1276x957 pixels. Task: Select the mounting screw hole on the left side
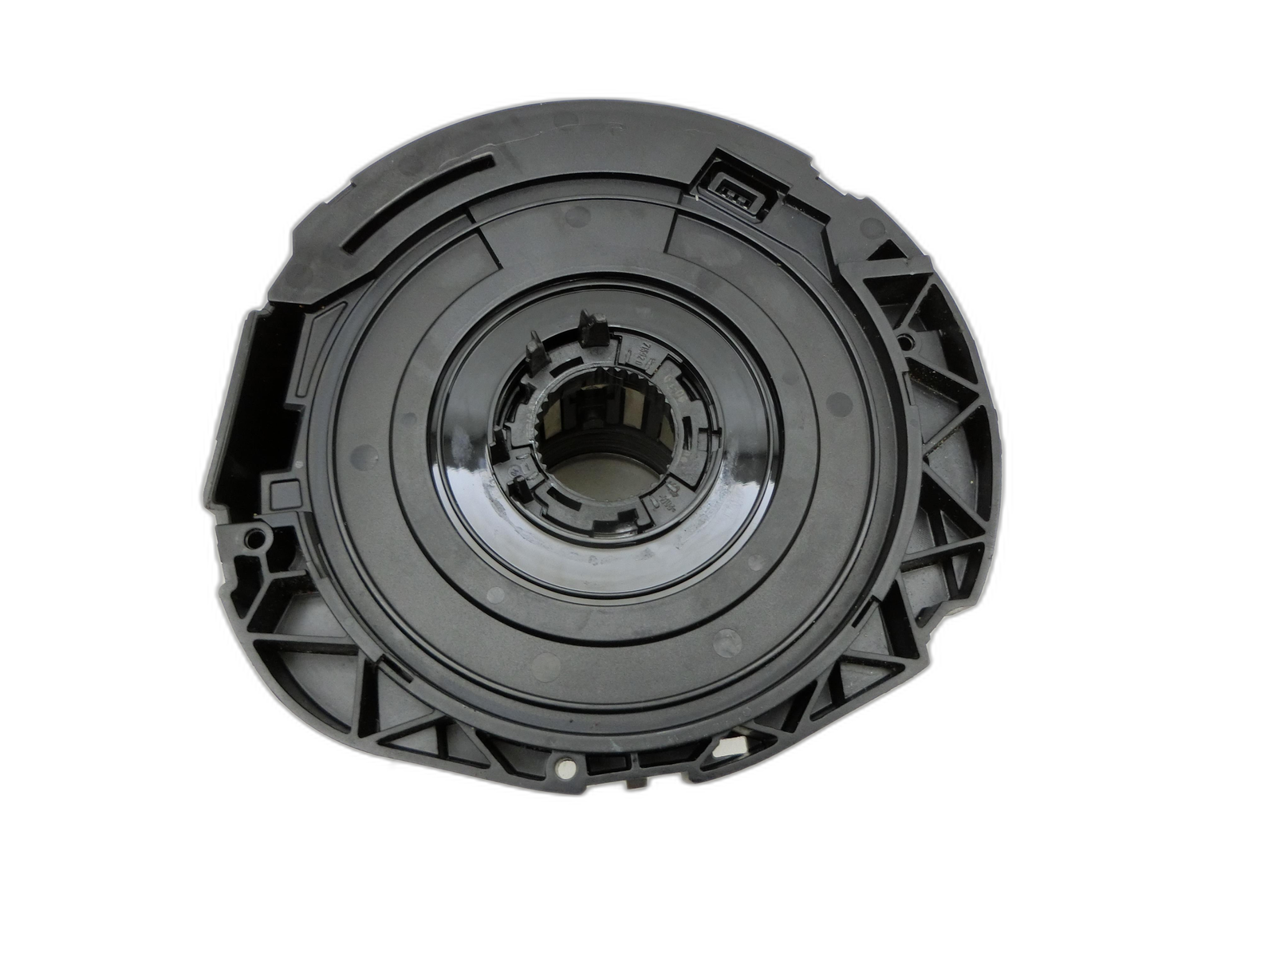256,537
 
